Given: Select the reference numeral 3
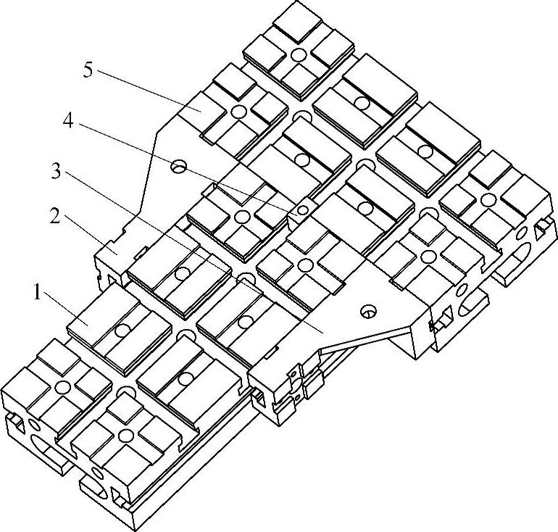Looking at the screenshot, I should point(57,172).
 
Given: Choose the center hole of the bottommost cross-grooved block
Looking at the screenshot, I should point(127,436).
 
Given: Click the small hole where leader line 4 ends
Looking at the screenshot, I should point(302,210).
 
